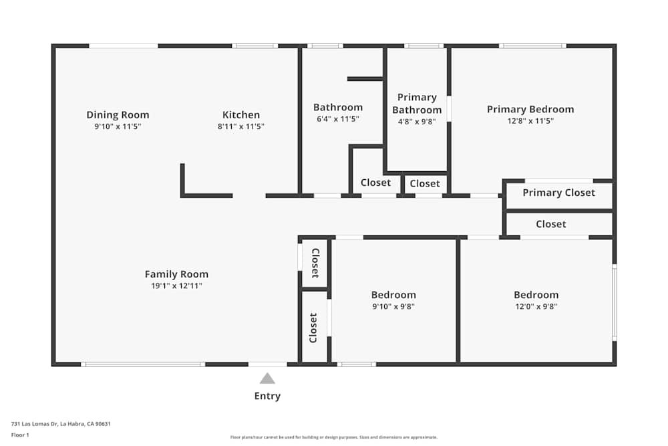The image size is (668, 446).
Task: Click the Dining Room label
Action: point(118,114)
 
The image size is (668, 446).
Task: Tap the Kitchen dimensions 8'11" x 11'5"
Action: point(241,126)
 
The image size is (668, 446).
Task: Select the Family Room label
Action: point(176,274)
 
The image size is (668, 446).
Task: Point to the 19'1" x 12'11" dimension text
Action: point(176,286)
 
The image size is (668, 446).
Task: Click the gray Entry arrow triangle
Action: point(267,378)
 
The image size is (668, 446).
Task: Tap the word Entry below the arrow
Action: point(267,396)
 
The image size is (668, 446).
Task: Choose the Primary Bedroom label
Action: point(530,110)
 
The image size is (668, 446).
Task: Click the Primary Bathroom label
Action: point(417,104)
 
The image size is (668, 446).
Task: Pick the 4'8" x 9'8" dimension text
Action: point(417,122)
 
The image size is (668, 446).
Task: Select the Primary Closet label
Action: point(558,193)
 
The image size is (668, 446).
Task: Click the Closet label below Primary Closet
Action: point(550,224)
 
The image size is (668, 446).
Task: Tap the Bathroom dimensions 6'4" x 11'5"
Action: point(338,119)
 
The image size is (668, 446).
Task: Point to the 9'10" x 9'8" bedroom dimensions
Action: point(393,307)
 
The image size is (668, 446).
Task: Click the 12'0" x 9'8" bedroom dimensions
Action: point(536,307)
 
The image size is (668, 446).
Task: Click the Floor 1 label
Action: point(20,435)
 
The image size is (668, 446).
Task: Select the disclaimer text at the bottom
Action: point(333,437)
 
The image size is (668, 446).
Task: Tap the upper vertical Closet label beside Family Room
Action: point(315,263)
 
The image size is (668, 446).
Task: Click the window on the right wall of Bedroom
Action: point(615,302)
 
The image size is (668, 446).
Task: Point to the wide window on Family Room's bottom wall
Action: point(143,364)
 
